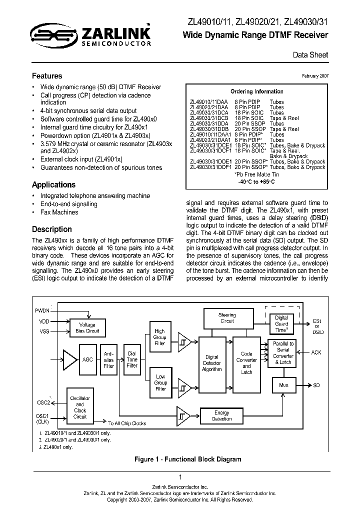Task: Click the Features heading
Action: [47, 76]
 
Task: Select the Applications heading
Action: [53, 184]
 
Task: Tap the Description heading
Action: [52, 229]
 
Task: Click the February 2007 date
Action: [315, 76]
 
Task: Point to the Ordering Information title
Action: [256, 91]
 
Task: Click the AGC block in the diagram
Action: [87, 359]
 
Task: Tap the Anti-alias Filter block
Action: [108, 359]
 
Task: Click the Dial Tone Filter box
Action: [132, 359]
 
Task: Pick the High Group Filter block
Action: [160, 337]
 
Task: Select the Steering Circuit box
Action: [227, 318]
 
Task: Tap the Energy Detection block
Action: [221, 416]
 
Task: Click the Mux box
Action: [283, 385]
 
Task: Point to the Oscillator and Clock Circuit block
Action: [80, 407]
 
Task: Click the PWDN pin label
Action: [42, 310]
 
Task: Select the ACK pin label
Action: [316, 352]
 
